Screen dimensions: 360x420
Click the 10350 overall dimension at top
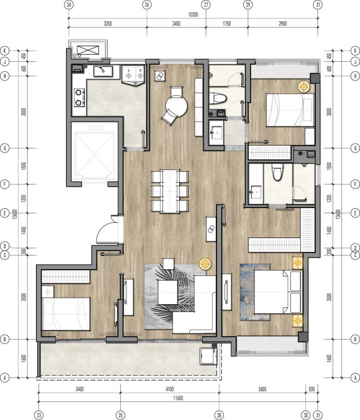(x=193, y=15)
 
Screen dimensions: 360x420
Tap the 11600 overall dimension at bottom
(x=178, y=398)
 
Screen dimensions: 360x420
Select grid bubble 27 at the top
(x=206, y=4)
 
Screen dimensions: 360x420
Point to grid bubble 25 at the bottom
(x=121, y=415)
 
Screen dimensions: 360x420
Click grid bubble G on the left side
(x=4, y=148)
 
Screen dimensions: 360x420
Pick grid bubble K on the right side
(x=355, y=51)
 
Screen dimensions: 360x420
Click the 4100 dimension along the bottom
(x=170, y=389)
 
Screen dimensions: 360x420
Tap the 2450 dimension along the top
(x=176, y=23)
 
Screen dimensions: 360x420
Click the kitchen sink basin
(x=103, y=71)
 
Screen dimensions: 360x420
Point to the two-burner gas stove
(x=79, y=97)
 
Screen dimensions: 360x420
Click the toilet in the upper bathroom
(x=217, y=98)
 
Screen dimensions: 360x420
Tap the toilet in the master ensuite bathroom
(x=277, y=172)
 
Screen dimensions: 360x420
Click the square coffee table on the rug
(x=167, y=292)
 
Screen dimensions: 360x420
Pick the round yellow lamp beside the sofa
(x=205, y=264)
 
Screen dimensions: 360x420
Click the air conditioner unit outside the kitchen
(x=88, y=50)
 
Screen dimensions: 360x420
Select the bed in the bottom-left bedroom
(x=66, y=313)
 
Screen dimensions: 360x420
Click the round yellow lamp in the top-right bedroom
(x=304, y=87)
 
